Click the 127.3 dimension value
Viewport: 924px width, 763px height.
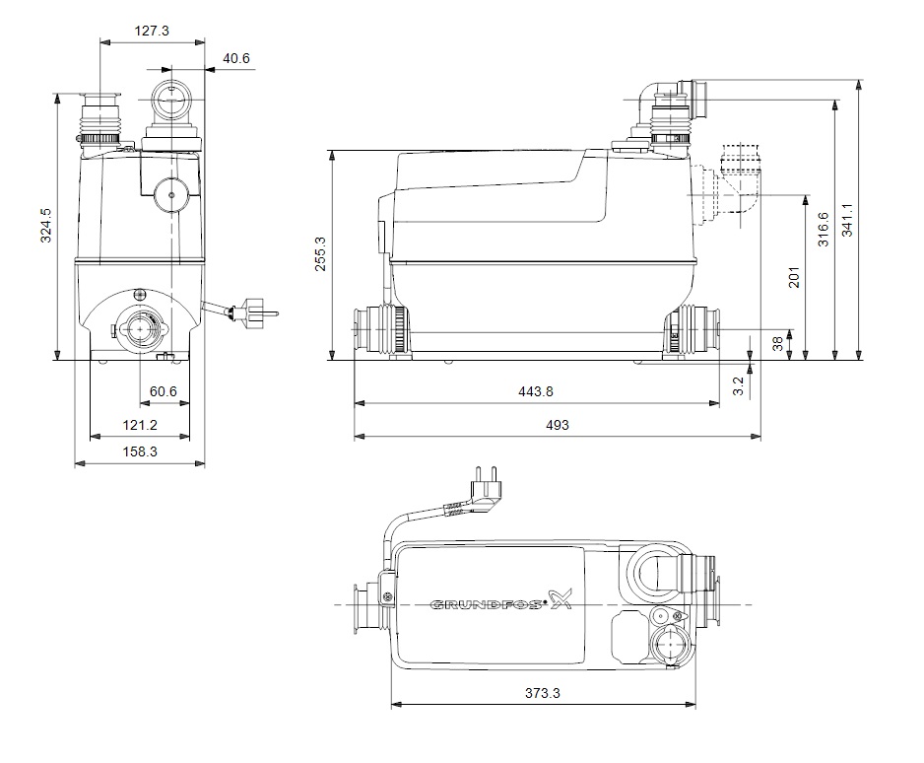pos(152,32)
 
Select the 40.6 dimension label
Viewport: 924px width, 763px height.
pos(236,58)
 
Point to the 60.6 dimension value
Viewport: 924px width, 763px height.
pos(162,392)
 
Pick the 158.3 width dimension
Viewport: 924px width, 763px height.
pos(140,451)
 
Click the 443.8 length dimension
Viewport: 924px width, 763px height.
pos(535,391)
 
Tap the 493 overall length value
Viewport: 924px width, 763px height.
pos(558,425)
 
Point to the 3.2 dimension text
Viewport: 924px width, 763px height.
pos(739,386)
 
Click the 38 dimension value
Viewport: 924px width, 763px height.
pos(777,343)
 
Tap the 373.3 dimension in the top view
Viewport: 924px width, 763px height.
pos(543,694)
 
